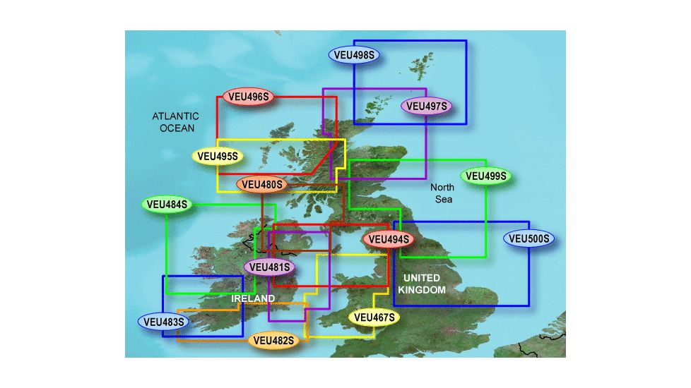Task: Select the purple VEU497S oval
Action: click(427, 107)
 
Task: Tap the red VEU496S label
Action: click(248, 96)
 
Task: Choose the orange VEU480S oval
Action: click(261, 185)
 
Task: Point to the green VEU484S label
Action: click(167, 205)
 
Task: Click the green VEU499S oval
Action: click(486, 176)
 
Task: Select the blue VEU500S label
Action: click(529, 239)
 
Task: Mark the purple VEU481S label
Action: click(269, 267)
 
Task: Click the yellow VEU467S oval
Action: click(374, 317)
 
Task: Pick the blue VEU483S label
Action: click(163, 322)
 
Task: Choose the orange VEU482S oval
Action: click(273, 341)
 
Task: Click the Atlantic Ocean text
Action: click(176, 121)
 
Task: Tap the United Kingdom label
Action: click(422, 284)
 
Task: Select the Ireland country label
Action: click(253, 299)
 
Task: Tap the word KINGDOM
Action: click(422, 290)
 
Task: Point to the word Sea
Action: click(444, 200)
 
